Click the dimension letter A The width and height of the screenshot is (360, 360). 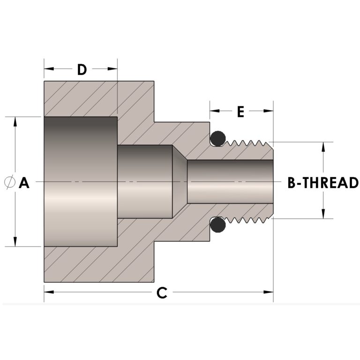tap(24, 183)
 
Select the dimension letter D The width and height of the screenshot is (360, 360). tap(82, 70)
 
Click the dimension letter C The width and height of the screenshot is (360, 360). tap(161, 293)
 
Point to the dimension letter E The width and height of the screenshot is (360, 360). tap(241, 112)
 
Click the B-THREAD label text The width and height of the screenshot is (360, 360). tap(323, 183)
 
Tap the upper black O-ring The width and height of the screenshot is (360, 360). tap(217, 138)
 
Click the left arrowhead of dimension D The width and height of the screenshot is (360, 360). tap(48, 69)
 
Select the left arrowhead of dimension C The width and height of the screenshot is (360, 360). tap(48, 292)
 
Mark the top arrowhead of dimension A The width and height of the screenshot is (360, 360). tap(15, 121)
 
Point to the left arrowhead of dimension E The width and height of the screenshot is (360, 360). tap(214, 111)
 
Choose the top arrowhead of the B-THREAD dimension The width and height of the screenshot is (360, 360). tap(323, 146)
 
